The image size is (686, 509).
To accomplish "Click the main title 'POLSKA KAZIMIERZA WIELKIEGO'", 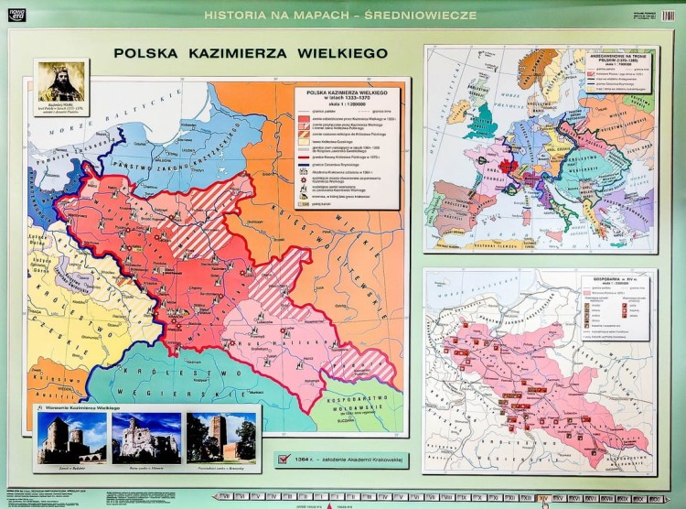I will (x=251, y=53).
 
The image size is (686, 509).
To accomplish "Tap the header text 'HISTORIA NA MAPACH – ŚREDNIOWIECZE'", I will (x=342, y=16).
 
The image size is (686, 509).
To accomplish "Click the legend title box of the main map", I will (x=348, y=96).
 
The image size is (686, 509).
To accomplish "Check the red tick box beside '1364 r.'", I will (x=282, y=460).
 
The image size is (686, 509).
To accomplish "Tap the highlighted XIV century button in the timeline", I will (x=546, y=498).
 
